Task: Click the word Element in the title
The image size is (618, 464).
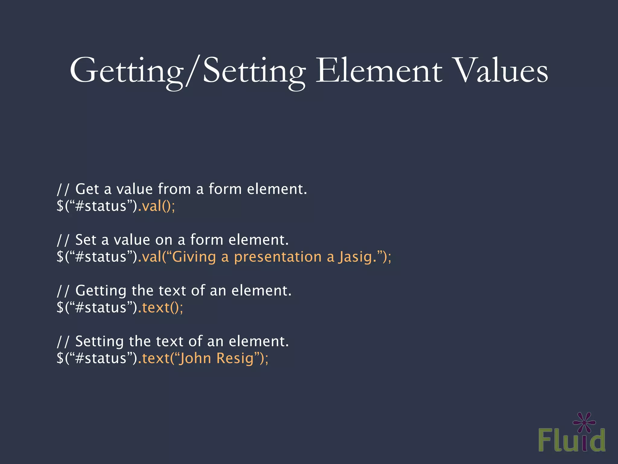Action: click(x=379, y=71)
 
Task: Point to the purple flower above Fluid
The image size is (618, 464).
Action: click(x=585, y=422)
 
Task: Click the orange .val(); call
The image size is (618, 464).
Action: click(x=156, y=206)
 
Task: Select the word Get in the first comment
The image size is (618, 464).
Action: click(x=87, y=189)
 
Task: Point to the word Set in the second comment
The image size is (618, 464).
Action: click(x=86, y=240)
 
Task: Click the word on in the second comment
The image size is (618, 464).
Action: click(x=164, y=240)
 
